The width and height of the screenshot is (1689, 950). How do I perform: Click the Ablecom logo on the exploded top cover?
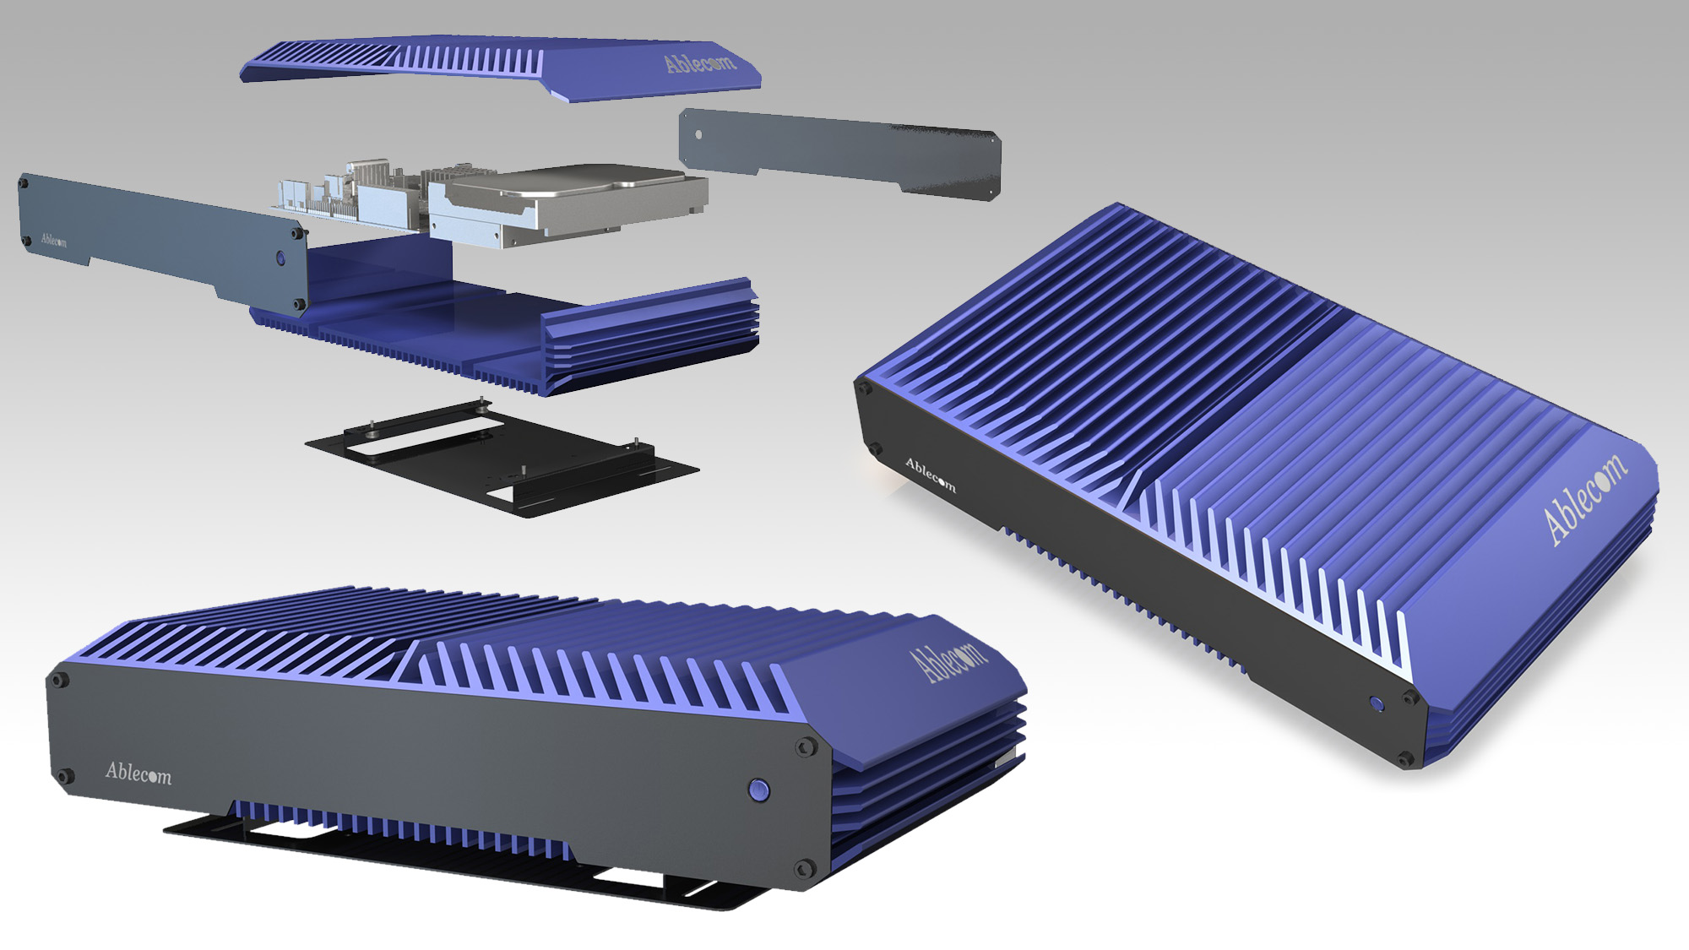point(700,62)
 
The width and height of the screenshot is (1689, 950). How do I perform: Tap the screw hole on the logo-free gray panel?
point(698,135)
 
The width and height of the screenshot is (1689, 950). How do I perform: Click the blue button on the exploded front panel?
point(281,258)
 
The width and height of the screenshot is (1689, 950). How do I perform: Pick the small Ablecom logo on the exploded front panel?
point(53,240)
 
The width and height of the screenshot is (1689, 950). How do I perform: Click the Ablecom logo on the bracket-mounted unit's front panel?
point(138,773)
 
